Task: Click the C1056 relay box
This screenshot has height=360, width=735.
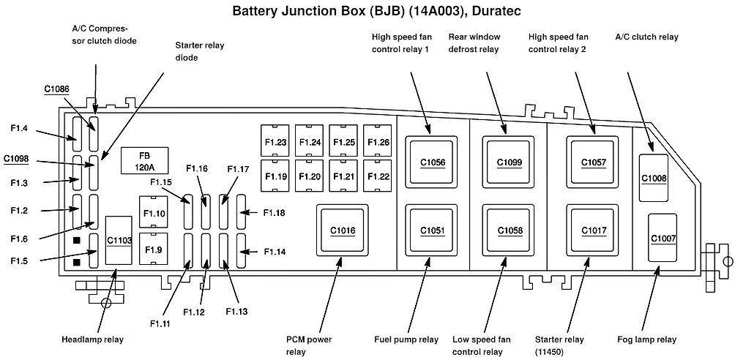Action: (432, 162)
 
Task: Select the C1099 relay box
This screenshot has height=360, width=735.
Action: (509, 162)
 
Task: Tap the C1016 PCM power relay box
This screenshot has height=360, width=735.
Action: (343, 230)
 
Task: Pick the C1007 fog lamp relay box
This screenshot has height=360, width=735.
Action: (663, 238)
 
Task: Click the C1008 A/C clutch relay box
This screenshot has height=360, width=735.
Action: (654, 178)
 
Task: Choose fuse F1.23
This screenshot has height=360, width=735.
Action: (275, 140)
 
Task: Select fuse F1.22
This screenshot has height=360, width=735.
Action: (378, 176)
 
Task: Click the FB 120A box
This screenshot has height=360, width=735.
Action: (145, 160)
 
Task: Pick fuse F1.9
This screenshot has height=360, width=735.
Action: (154, 249)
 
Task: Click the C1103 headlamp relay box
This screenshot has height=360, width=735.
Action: (119, 241)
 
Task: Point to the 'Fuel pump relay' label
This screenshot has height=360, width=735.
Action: (406, 340)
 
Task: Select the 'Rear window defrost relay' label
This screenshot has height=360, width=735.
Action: (474, 42)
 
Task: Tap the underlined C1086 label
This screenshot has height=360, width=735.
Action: (57, 89)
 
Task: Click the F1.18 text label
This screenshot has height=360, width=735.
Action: (275, 213)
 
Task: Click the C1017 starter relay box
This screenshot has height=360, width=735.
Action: (594, 230)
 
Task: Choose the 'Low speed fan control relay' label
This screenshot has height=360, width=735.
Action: (482, 345)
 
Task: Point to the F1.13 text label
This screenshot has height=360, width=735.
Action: (236, 311)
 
